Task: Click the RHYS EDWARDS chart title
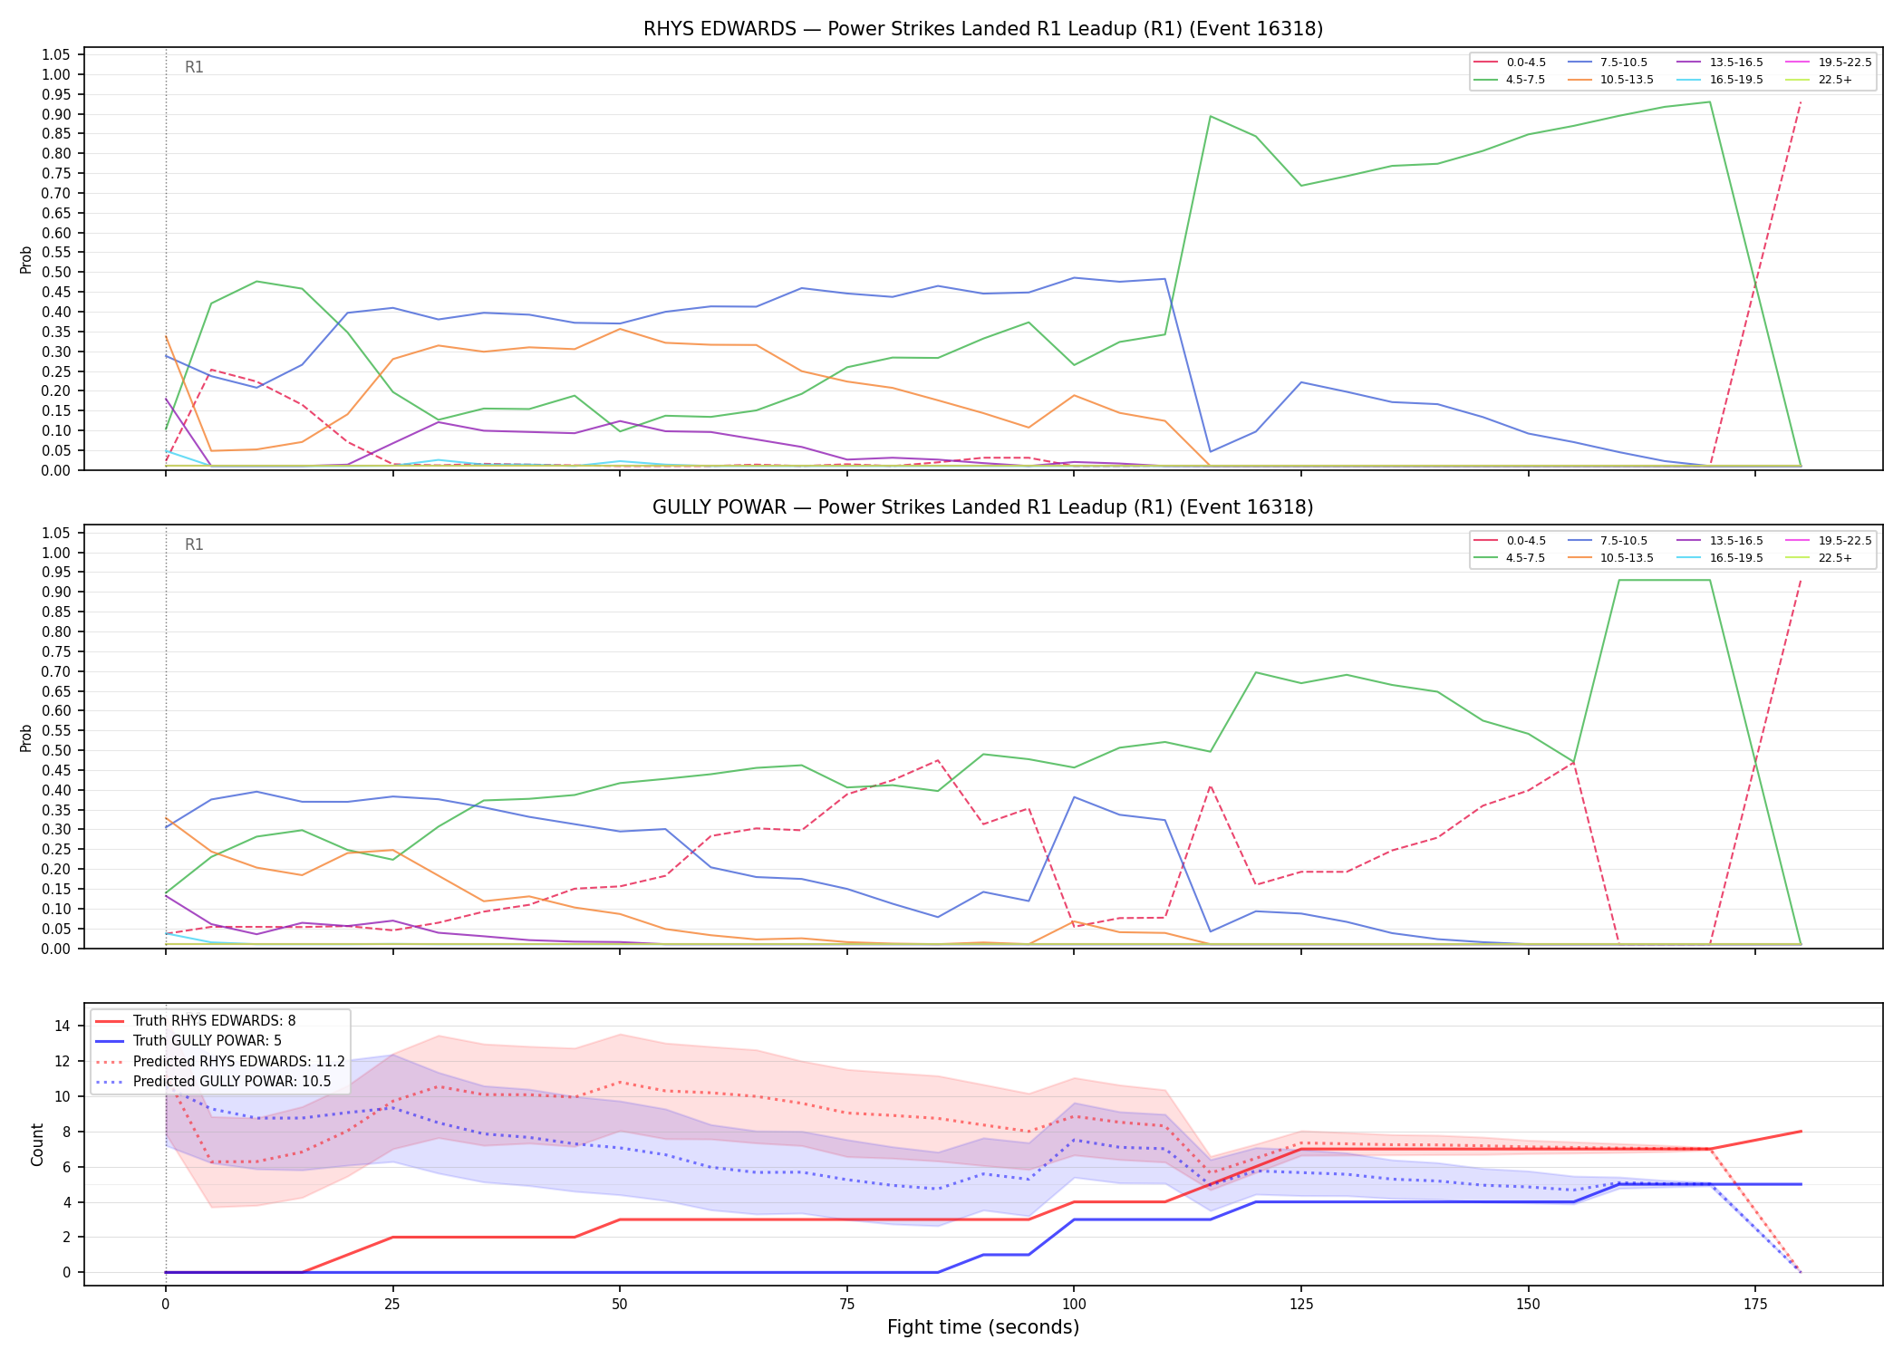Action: [x=983, y=29]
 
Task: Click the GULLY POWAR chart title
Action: [x=983, y=507]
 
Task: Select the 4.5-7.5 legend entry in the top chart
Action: [x=1510, y=80]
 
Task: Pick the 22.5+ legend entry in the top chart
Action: [x=1819, y=80]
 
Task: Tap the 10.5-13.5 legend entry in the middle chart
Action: [x=1610, y=558]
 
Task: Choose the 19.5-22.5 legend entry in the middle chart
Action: [x=1829, y=541]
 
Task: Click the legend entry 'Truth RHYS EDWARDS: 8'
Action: [x=195, y=1021]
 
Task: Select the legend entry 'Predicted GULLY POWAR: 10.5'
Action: [x=213, y=1082]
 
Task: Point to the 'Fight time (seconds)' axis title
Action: [x=983, y=1327]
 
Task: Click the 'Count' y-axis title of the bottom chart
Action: [x=37, y=1144]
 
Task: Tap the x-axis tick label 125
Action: [x=1300, y=1305]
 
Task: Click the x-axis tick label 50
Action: [x=619, y=1305]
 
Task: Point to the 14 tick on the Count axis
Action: [x=63, y=1026]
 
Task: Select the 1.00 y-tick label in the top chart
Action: [x=56, y=75]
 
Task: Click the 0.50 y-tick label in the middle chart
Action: [x=56, y=750]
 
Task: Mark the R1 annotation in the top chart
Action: [x=194, y=67]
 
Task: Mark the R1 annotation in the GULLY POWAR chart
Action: [x=194, y=545]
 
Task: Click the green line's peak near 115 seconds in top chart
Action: [x=1210, y=116]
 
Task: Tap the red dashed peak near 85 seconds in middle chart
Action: [x=937, y=760]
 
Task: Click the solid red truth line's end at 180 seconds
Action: [x=1800, y=1132]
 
